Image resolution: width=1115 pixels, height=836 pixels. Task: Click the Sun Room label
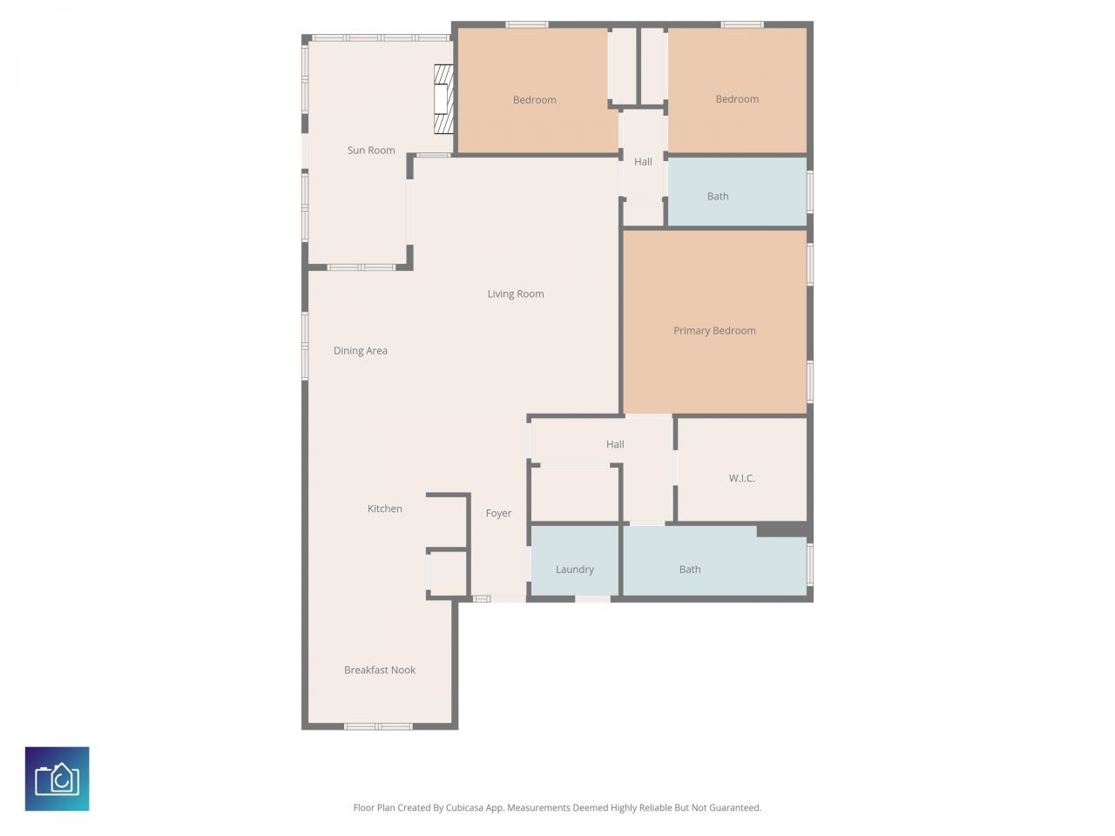371,151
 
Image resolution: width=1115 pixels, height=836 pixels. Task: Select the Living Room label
516,294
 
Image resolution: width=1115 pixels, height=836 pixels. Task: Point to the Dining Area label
361,351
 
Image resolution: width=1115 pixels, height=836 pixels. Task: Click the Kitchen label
385,509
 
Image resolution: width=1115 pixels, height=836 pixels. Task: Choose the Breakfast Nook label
380,671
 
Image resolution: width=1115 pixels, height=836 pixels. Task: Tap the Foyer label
498,514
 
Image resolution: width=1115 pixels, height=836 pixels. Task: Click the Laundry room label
575,570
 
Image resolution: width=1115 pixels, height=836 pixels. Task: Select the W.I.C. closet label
742,479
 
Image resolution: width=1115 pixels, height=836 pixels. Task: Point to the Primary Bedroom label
714,331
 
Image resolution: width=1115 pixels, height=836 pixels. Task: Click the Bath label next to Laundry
690,570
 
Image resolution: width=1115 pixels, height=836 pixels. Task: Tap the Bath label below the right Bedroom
718,197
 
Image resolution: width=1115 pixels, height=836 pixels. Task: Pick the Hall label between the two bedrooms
643,162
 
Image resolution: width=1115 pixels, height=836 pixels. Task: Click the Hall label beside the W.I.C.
615,445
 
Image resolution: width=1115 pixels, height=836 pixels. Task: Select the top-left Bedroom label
535,100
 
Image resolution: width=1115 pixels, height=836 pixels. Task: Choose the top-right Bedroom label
737,99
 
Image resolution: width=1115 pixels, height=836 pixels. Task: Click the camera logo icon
57,779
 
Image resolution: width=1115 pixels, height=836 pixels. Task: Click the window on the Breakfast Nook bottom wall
378,726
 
